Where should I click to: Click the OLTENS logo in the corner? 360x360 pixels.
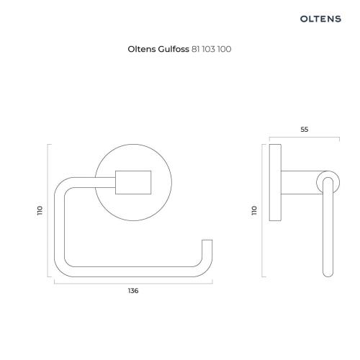(x=320, y=19)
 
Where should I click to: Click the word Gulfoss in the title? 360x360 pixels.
(x=174, y=49)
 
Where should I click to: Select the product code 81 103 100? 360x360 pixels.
(x=211, y=49)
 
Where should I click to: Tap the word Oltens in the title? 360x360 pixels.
(x=142, y=49)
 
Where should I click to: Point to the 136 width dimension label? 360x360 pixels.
(x=133, y=291)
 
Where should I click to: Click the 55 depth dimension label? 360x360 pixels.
(x=305, y=130)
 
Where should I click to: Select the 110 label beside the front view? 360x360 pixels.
(x=40, y=210)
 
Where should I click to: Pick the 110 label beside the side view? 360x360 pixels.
(x=254, y=210)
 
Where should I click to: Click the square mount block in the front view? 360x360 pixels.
(x=133, y=182)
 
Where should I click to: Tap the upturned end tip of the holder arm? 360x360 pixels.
(x=207, y=240)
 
